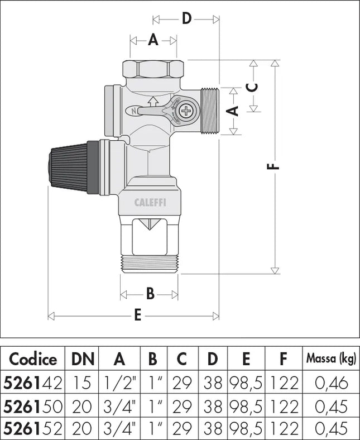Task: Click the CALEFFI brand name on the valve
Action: tap(150, 203)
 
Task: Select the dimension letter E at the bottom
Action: tap(138, 315)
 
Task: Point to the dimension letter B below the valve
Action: tap(150, 294)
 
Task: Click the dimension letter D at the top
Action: tap(186, 19)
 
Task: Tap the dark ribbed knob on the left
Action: tap(68, 167)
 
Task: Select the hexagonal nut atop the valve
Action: tap(153, 69)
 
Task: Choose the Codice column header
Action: tap(33, 358)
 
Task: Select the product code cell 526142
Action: tap(33, 382)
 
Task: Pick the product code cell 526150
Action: tap(33, 406)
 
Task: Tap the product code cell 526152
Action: tap(33, 428)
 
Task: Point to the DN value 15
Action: tap(83, 382)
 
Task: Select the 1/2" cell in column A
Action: tap(119, 382)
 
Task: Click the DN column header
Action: tap(83, 358)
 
